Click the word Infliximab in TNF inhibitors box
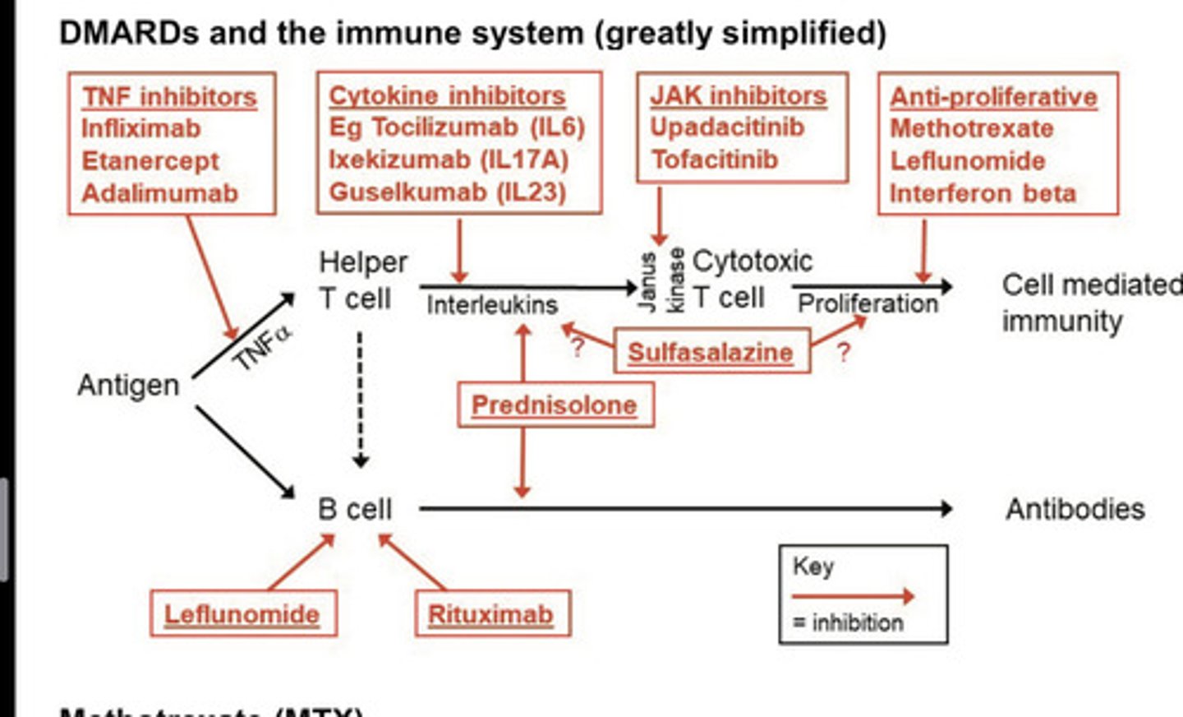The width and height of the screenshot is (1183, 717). click(x=140, y=129)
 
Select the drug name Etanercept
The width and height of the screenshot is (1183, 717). click(x=150, y=161)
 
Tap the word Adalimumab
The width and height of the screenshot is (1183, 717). click(x=159, y=193)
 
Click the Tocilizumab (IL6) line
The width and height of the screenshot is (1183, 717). click(x=457, y=127)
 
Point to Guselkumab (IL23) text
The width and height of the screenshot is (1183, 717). click(x=448, y=192)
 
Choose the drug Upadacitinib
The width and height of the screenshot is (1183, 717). click(x=727, y=127)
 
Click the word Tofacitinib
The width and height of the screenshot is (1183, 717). click(x=714, y=160)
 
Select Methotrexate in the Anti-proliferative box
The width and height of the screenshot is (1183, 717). click(x=971, y=129)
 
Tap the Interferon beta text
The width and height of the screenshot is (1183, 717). click(x=983, y=193)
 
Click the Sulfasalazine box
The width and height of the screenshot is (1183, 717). click(x=711, y=352)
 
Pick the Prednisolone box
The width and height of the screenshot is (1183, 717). click(x=555, y=405)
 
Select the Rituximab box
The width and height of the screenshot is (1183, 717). click(x=490, y=614)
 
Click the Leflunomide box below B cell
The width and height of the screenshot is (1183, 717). click(x=242, y=614)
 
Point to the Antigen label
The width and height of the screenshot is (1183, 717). click(x=128, y=385)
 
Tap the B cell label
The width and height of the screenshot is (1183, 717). click(x=355, y=510)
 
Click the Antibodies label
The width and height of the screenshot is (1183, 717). click(x=1075, y=510)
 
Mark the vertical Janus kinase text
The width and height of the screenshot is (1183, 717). click(x=661, y=280)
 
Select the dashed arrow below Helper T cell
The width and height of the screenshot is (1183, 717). click(x=360, y=399)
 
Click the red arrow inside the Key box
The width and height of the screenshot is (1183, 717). click(x=852, y=596)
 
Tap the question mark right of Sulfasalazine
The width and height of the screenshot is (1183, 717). click(x=843, y=353)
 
